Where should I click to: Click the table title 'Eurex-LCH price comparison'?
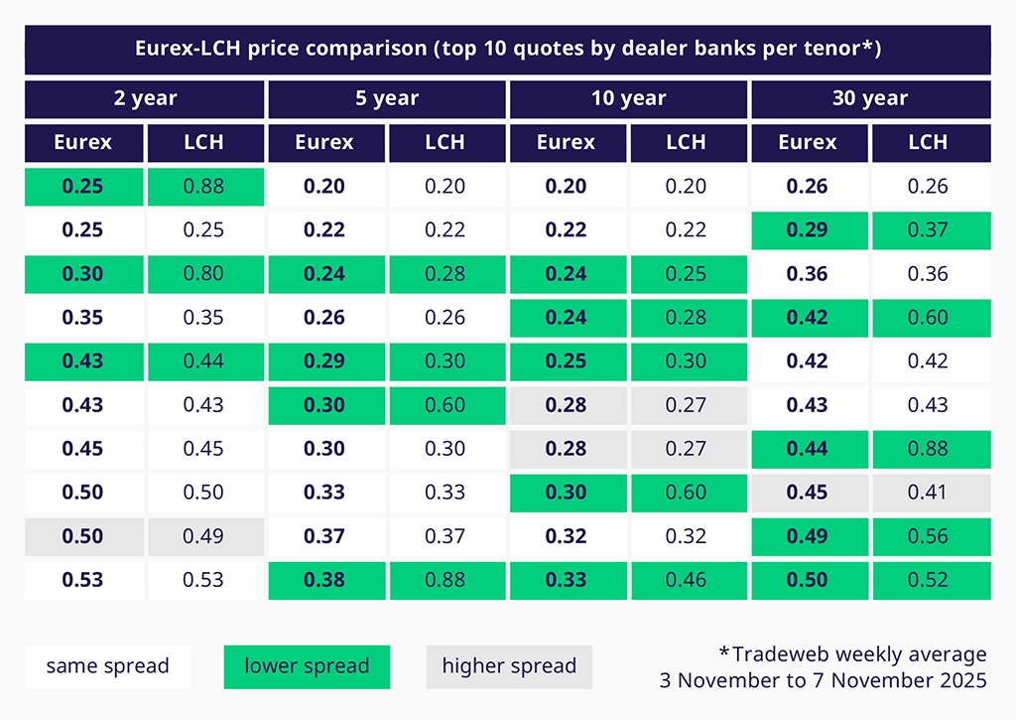coord(507,49)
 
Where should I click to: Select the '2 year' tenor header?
coord(145,98)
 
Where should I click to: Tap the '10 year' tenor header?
coord(628,98)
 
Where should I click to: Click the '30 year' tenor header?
coord(870,98)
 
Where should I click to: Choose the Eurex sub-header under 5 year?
coord(324,142)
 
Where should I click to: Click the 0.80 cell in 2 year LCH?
coord(204,274)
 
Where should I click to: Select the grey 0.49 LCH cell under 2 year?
coord(204,536)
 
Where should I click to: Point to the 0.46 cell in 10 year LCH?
coord(687,580)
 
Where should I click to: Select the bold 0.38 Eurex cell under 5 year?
coord(324,580)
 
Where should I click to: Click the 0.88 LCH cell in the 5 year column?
coord(445,580)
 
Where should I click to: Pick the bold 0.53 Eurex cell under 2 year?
coord(83,580)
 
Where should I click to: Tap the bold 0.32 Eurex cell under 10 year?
coord(567,536)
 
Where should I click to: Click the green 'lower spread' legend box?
coord(307,666)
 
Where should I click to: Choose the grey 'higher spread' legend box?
coord(509,666)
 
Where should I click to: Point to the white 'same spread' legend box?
coord(107,666)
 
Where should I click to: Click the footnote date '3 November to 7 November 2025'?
coord(823,680)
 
